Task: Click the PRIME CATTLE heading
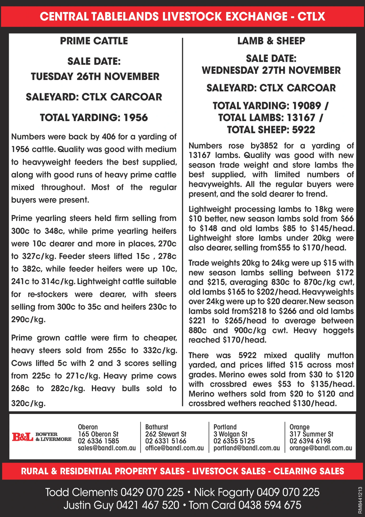(x=94, y=41)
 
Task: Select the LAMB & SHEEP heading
(x=271, y=41)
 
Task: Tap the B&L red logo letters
(x=23, y=437)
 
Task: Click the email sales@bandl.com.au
(x=107, y=448)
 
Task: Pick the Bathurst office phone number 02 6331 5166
(x=166, y=441)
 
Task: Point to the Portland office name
(x=225, y=427)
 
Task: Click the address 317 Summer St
(x=311, y=434)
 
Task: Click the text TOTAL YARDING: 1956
(x=94, y=117)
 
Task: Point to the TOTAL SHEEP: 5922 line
(x=271, y=130)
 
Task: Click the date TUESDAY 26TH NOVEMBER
(x=95, y=77)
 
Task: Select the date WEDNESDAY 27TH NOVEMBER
(x=271, y=70)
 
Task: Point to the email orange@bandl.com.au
(x=321, y=448)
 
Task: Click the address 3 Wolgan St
(x=230, y=434)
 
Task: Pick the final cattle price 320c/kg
(x=28, y=403)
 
